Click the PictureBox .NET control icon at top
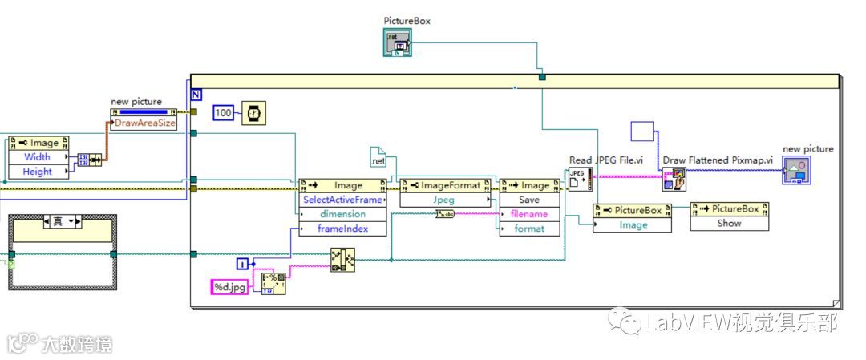398,43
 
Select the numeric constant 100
224,114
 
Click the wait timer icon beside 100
253,114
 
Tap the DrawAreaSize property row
145,123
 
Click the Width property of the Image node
38,157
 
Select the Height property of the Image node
38,172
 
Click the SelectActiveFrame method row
342,200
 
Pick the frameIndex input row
342,229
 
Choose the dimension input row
342,214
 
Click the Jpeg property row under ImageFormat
443,200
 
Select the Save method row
529,200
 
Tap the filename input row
529,214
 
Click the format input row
529,229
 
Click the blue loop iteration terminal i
242,263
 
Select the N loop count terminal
196,93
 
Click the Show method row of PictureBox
729,224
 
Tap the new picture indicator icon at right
796,170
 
